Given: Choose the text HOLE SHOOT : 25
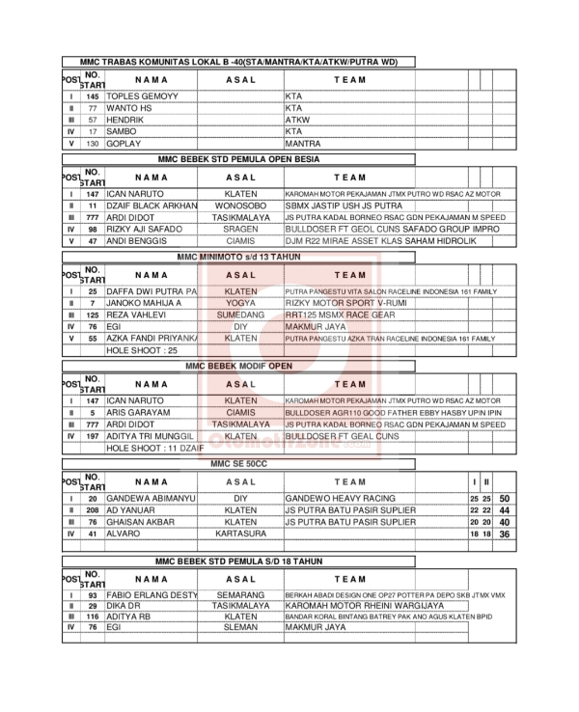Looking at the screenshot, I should (x=146, y=350).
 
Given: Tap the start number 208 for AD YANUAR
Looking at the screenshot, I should (x=93, y=509).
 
